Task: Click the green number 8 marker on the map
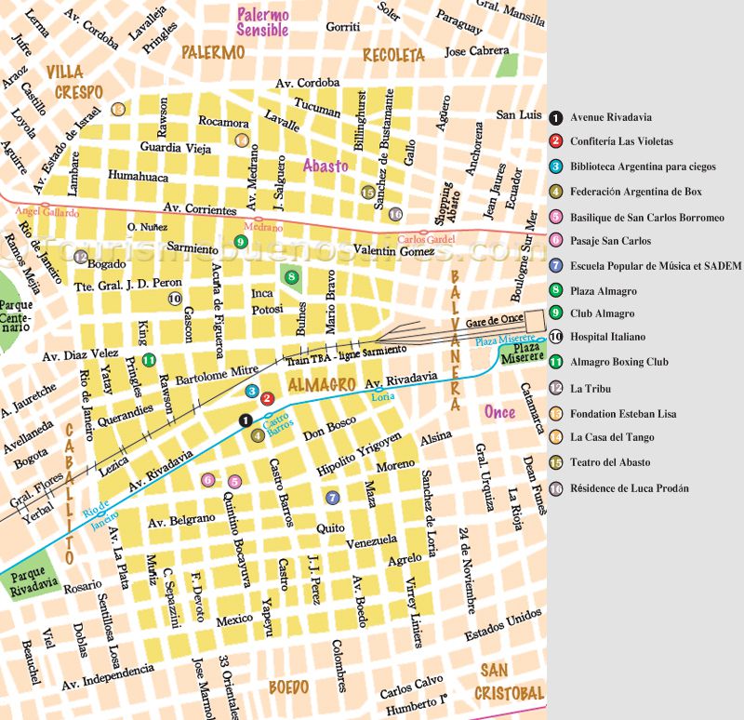292,276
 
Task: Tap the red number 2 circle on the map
267,399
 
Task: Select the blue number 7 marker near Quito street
332,498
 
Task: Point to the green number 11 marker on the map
148,361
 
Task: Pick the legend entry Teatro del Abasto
610,462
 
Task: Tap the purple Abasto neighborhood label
325,166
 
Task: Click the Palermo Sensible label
263,22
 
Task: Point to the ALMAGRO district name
323,384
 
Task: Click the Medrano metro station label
262,226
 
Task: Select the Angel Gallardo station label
47,212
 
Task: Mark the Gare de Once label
496,319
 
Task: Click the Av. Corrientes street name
199,209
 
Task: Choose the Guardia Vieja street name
176,147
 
